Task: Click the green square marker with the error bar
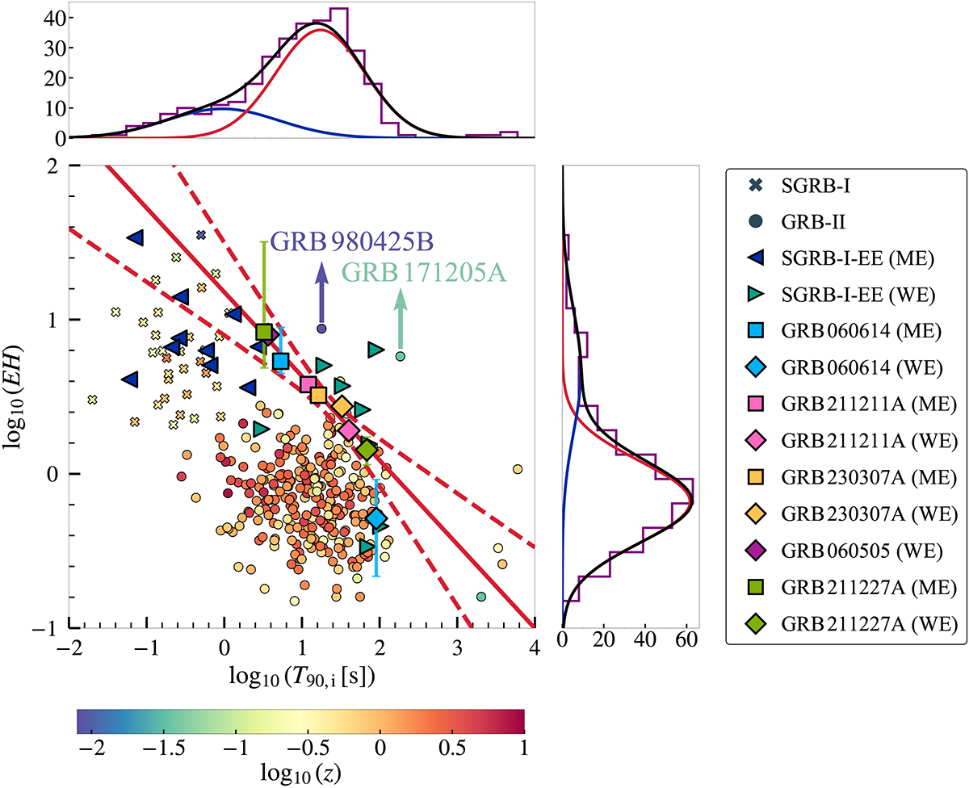tap(264, 332)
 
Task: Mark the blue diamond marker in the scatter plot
tap(377, 518)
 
